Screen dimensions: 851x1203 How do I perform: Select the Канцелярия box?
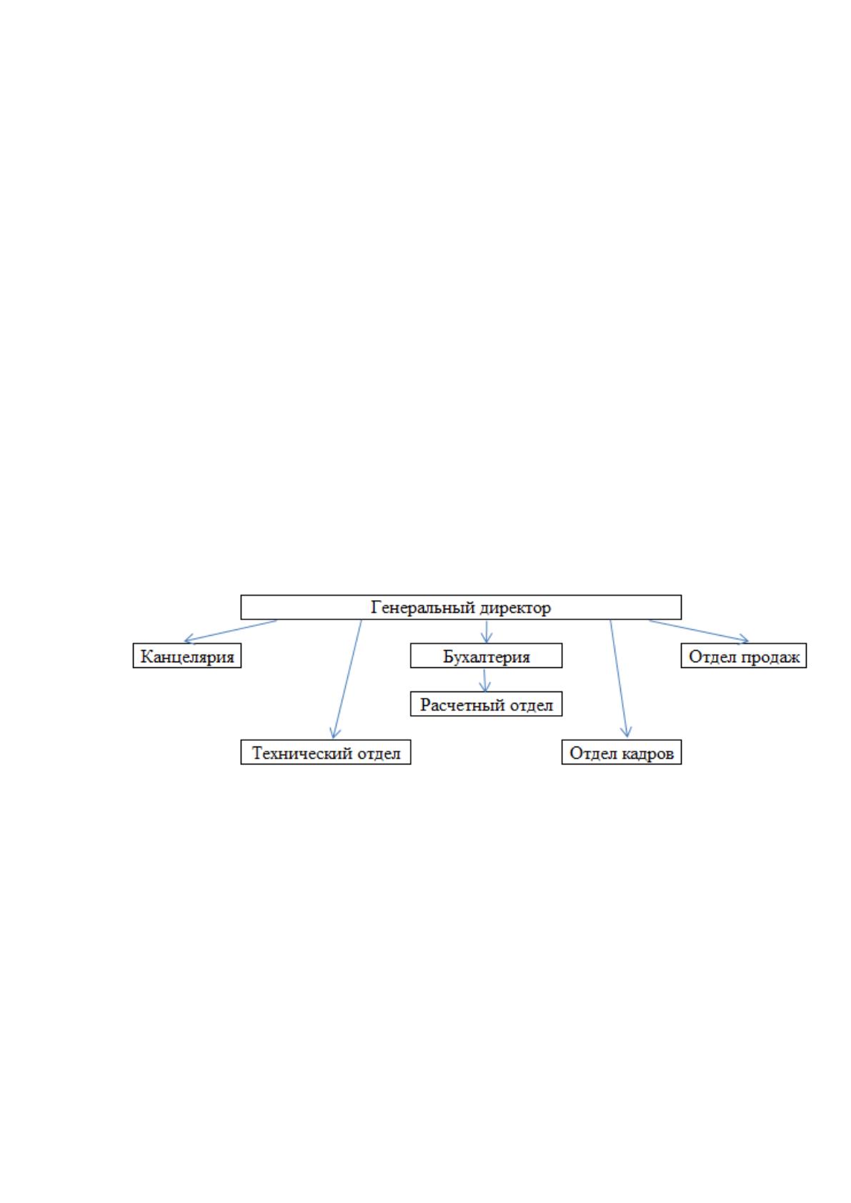(187, 656)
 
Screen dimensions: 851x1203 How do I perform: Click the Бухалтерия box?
(486, 656)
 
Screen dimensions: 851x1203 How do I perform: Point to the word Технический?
(302, 753)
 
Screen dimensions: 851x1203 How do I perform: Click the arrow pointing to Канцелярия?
(231, 631)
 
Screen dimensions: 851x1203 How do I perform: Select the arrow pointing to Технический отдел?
(347, 679)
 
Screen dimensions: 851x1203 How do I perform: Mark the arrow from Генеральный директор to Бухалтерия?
(487, 632)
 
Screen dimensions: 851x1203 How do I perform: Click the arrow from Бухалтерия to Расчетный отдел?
(485, 680)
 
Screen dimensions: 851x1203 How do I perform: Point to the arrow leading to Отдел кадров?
(618, 679)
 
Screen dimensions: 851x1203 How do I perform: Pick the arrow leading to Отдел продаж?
(699, 631)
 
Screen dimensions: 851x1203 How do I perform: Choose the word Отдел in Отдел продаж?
(713, 657)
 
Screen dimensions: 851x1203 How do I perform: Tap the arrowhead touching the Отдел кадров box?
(626, 732)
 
